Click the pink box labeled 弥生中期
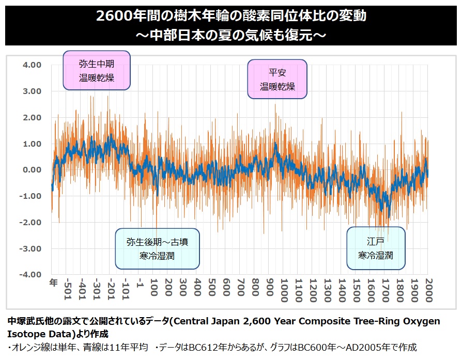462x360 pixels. click(x=97, y=71)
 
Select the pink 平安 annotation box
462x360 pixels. click(x=278, y=79)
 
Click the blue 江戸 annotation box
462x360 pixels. click(x=376, y=248)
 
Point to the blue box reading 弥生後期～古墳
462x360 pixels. click(x=157, y=248)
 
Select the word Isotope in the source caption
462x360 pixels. click(x=26, y=334)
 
